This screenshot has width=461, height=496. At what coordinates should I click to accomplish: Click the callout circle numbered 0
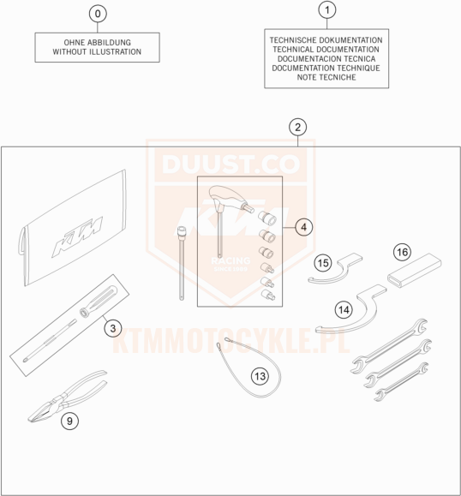[98, 14]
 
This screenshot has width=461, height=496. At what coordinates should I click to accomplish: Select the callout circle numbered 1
[326, 9]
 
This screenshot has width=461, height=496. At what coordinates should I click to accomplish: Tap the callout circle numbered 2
[297, 127]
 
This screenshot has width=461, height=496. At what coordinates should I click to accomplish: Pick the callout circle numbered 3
[113, 328]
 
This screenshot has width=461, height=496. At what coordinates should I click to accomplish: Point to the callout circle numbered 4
[303, 227]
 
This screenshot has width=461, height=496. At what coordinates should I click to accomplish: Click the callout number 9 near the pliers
[69, 421]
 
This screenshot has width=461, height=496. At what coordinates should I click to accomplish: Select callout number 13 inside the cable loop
[260, 376]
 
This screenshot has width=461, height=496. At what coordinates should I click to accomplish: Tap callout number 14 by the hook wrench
[344, 309]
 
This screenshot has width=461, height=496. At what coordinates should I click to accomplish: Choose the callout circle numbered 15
[323, 263]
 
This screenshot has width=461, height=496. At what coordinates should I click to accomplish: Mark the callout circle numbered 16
[402, 252]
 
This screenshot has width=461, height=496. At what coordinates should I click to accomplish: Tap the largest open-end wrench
[390, 345]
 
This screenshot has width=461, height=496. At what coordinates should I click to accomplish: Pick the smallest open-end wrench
[402, 381]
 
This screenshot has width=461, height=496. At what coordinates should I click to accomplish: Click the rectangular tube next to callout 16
[415, 270]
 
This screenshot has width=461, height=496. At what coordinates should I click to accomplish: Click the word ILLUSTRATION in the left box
[115, 51]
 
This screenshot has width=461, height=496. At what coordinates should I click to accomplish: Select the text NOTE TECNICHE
[326, 77]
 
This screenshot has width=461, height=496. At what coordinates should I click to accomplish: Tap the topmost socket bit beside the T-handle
[267, 218]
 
